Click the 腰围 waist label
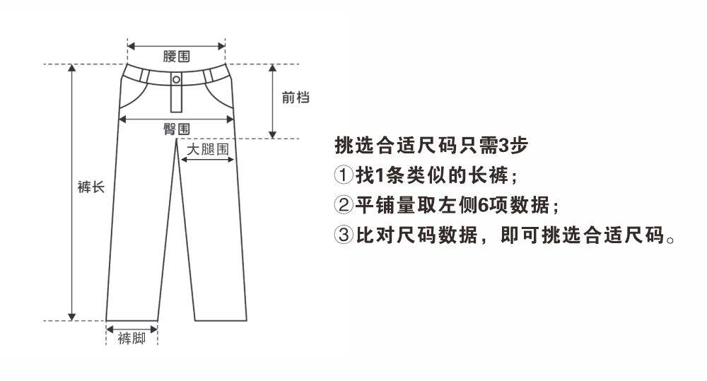176,57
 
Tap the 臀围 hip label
176,129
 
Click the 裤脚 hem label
132,339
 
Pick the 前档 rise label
296,98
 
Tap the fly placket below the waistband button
176,99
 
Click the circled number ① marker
343,174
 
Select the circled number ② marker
343,206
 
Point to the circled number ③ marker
343,236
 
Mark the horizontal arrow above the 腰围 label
176,47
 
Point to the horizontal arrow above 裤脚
132,327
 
